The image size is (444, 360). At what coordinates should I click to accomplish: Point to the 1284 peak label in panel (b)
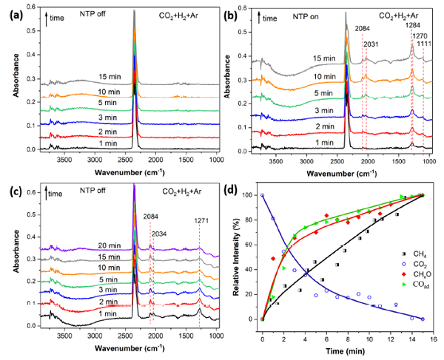411,24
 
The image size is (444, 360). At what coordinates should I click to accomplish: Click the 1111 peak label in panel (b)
423,44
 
